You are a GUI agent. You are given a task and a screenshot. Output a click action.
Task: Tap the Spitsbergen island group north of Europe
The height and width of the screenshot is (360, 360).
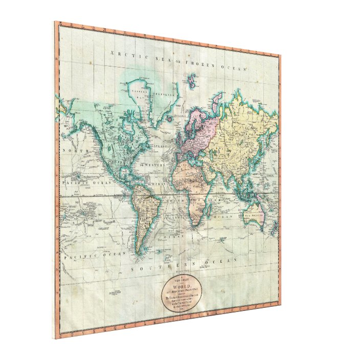192,80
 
